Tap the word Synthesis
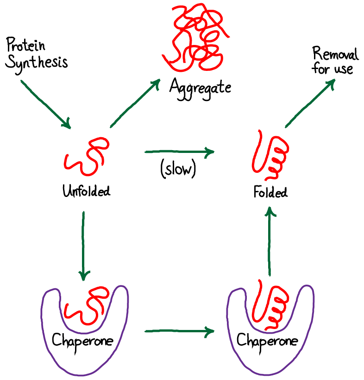pyautogui.click(x=37, y=62)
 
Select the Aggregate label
pyautogui.click(x=200, y=87)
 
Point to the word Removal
pyautogui.click(x=335, y=54)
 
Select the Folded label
pyautogui.click(x=270, y=192)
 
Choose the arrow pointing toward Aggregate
pyautogui.click(x=134, y=103)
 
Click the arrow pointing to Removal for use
pyautogui.click(x=310, y=103)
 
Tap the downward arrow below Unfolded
pyautogui.click(x=83, y=246)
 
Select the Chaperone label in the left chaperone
pyautogui.click(x=82, y=341)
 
